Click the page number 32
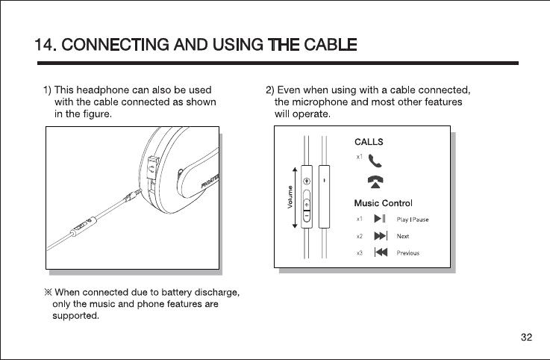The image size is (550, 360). [x=527, y=338]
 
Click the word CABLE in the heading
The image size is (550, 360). [x=329, y=46]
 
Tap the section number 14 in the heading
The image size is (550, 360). [x=46, y=46]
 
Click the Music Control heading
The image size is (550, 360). [x=382, y=203]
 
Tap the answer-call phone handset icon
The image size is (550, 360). [x=375, y=159]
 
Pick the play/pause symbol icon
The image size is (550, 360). [x=379, y=219]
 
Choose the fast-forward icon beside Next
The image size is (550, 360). [x=380, y=236]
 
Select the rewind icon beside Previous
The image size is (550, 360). [x=380, y=252]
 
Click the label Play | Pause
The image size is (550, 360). [x=412, y=220]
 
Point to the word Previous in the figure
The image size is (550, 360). [x=407, y=253]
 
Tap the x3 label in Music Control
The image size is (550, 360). [x=359, y=253]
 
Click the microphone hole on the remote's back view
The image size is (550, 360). [x=323, y=180]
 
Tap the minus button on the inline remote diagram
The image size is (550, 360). [x=307, y=216]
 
